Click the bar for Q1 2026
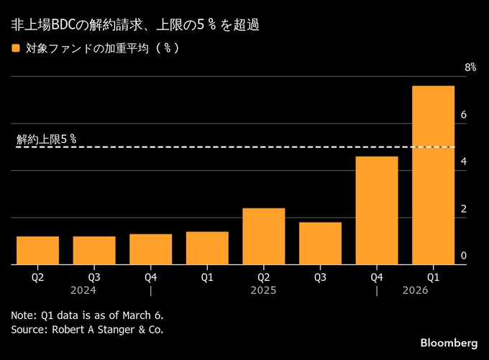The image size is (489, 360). (433, 175)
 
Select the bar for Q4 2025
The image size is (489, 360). (377, 210)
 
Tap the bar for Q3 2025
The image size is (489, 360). (320, 243)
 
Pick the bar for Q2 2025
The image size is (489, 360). (264, 236)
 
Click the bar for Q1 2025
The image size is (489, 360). (207, 248)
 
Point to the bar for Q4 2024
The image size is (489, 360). (151, 249)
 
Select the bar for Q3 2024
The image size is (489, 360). (94, 250)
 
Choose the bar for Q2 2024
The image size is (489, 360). (37, 250)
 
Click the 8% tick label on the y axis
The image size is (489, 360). (470, 67)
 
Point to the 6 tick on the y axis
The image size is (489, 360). (464, 115)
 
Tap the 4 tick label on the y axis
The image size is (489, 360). (464, 162)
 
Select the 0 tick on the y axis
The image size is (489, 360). (464, 256)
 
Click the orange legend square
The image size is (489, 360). (16, 49)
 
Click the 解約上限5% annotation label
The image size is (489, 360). (46, 139)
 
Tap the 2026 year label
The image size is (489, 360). (415, 290)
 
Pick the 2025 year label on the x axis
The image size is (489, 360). (263, 290)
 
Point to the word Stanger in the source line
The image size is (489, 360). (119, 329)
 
